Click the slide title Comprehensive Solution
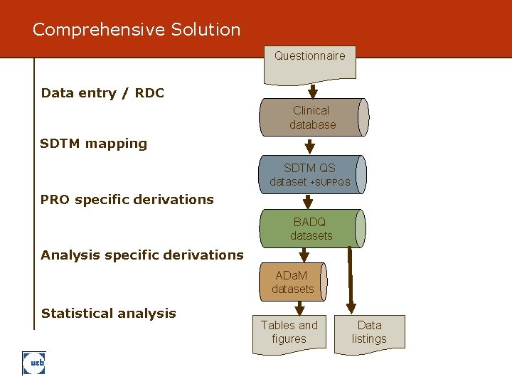(x=137, y=30)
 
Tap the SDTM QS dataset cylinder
(x=311, y=174)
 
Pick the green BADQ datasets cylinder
(x=311, y=228)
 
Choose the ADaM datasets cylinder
(x=293, y=282)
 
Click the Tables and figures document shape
(x=289, y=333)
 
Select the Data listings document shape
(x=369, y=333)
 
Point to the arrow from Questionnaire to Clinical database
(x=311, y=91)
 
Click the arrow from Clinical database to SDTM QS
(x=310, y=146)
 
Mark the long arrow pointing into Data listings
(x=352, y=284)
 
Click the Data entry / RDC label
(x=102, y=93)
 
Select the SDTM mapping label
(x=94, y=144)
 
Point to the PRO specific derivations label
(x=127, y=200)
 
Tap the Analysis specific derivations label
(x=142, y=255)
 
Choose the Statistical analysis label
(x=109, y=313)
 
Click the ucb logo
(x=33, y=363)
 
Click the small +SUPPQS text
(x=331, y=183)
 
